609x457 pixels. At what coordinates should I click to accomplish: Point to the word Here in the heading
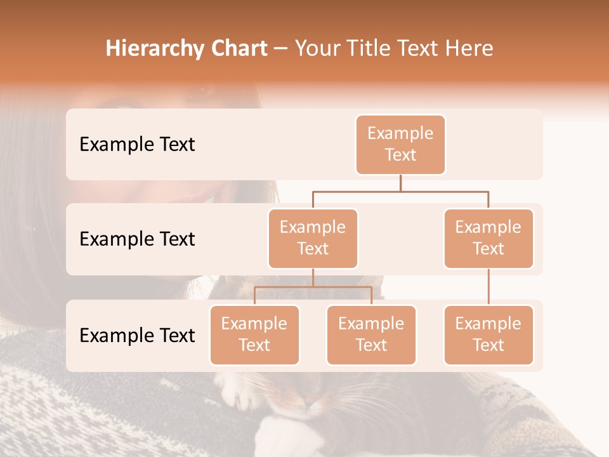468,49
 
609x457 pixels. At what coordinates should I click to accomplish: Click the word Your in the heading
318,49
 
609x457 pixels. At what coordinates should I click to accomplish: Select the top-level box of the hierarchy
400,144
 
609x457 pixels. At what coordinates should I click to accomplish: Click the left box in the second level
313,238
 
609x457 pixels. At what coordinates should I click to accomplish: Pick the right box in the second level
488,238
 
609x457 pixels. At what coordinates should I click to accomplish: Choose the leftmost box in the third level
254,334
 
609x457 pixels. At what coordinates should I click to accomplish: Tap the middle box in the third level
371,334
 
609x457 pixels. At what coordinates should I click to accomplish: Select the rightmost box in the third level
488,334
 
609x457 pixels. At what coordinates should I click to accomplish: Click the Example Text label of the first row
137,144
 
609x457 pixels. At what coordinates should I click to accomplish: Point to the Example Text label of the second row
137,239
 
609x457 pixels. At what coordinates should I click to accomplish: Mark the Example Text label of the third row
137,335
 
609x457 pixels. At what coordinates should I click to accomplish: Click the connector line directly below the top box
400,183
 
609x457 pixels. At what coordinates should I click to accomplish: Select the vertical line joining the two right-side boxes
488,287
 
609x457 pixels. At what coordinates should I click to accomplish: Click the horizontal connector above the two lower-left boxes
313,287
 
